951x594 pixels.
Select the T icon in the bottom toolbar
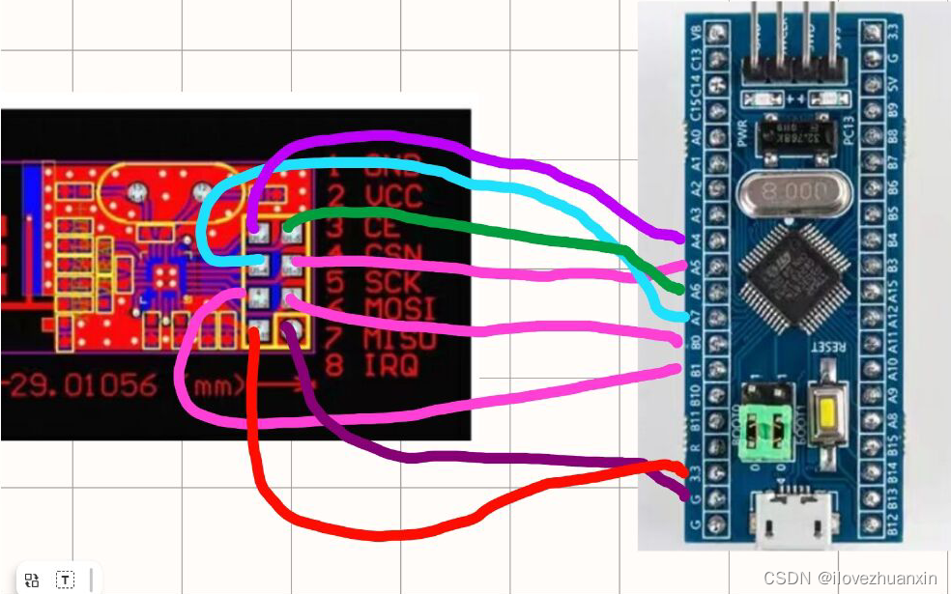65,580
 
